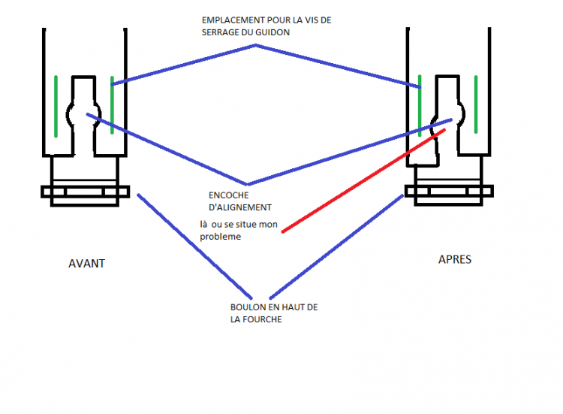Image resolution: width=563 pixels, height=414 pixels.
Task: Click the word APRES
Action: [455, 259]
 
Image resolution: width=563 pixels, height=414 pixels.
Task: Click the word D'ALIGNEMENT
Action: [241, 207]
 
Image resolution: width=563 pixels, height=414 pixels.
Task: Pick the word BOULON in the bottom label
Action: [248, 307]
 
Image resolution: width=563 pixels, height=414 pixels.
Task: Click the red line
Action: [360, 183]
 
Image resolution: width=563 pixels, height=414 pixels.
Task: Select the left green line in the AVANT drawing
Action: [56, 105]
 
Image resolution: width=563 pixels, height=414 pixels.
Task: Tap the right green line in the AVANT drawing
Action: [112, 105]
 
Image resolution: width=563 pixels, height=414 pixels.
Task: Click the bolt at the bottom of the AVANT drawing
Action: [84, 192]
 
